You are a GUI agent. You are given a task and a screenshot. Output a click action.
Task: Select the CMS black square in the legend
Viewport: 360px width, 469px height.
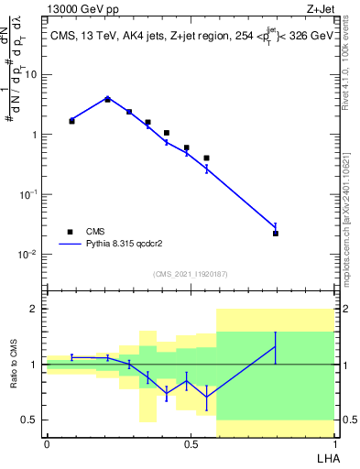tap(70, 232)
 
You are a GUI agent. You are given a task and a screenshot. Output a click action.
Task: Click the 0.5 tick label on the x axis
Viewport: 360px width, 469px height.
tap(191, 443)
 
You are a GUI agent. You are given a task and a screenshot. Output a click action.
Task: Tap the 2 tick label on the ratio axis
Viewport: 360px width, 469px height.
tap(36, 309)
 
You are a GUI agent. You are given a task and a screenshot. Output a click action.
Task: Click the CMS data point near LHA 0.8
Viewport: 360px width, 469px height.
tap(275, 234)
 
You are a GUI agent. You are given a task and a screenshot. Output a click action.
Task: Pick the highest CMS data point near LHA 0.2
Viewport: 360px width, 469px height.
tap(107, 99)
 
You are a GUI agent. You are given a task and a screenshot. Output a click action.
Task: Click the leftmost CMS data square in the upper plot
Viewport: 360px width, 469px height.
tap(71, 121)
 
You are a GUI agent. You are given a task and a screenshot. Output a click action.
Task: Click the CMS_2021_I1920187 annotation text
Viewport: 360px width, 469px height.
tap(191, 274)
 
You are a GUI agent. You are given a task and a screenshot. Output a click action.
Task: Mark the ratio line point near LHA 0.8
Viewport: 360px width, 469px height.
tap(275, 346)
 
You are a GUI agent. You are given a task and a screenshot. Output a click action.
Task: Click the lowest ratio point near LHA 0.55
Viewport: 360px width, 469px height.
tap(207, 397)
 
